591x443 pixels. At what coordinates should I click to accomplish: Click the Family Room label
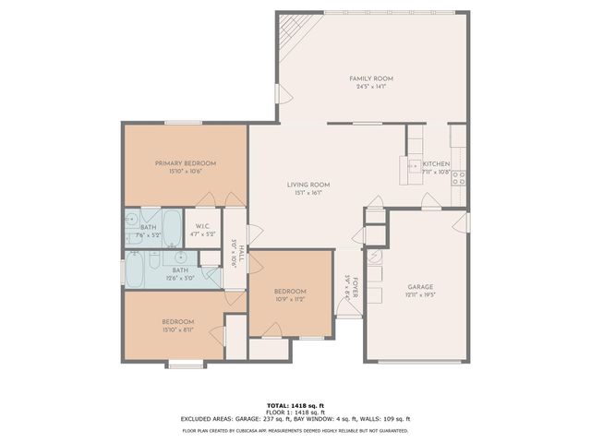coord(371,78)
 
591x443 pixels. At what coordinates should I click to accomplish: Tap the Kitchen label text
coord(436,164)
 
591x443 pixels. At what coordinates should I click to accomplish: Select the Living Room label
coord(308,185)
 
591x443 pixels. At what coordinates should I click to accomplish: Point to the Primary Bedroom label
coord(185,162)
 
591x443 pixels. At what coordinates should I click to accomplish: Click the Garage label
coord(420,287)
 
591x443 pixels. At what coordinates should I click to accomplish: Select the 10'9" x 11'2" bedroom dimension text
coord(290,299)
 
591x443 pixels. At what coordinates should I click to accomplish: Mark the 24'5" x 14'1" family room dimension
coord(371,87)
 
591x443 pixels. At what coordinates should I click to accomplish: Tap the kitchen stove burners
coord(458,177)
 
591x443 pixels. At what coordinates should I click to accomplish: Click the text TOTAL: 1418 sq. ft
coord(295,405)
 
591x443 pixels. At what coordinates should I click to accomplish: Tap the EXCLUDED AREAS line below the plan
coord(295,418)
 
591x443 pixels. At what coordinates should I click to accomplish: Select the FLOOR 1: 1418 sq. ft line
coord(295,412)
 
